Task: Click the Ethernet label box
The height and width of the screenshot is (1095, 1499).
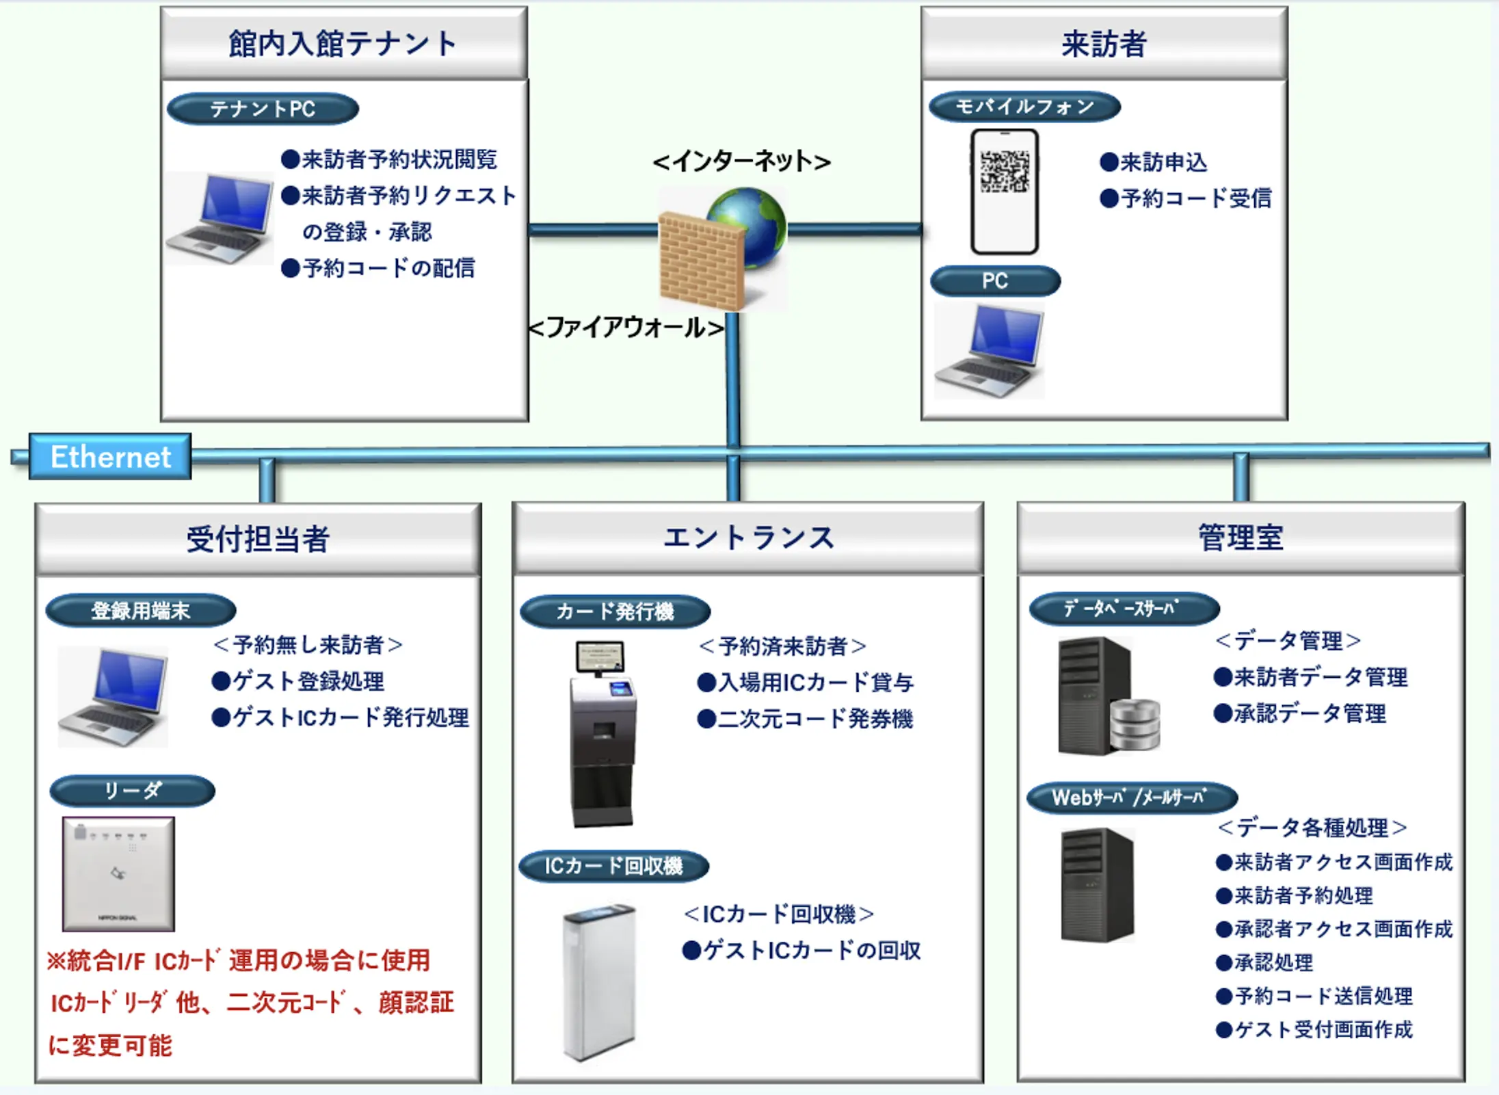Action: coord(110,457)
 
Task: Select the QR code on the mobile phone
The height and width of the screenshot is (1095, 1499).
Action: coord(1005,171)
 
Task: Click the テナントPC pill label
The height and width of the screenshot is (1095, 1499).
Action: coord(263,109)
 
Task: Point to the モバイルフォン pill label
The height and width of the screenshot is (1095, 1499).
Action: coord(1024,107)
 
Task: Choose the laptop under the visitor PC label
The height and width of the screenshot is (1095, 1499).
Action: coord(990,350)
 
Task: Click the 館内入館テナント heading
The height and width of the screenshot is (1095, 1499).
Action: coord(343,44)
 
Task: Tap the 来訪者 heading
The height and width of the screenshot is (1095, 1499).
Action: coord(1104,44)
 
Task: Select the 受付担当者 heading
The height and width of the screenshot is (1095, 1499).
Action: coord(258,539)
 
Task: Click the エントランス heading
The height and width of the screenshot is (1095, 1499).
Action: coord(748,538)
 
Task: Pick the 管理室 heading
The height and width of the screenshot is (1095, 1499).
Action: coord(1241,538)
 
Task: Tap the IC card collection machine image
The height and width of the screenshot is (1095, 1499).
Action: coord(599,981)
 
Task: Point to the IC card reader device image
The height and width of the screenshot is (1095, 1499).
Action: coord(118,873)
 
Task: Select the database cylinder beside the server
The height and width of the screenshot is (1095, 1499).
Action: coord(1135,724)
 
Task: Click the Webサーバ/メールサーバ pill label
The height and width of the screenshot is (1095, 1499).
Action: coord(1132,797)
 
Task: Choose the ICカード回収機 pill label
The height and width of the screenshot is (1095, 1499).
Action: coord(613,867)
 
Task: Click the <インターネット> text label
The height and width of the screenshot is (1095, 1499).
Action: coord(742,162)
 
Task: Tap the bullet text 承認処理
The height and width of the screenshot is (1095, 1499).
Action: coord(1273,962)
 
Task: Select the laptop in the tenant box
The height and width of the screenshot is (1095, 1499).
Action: coord(220,217)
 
